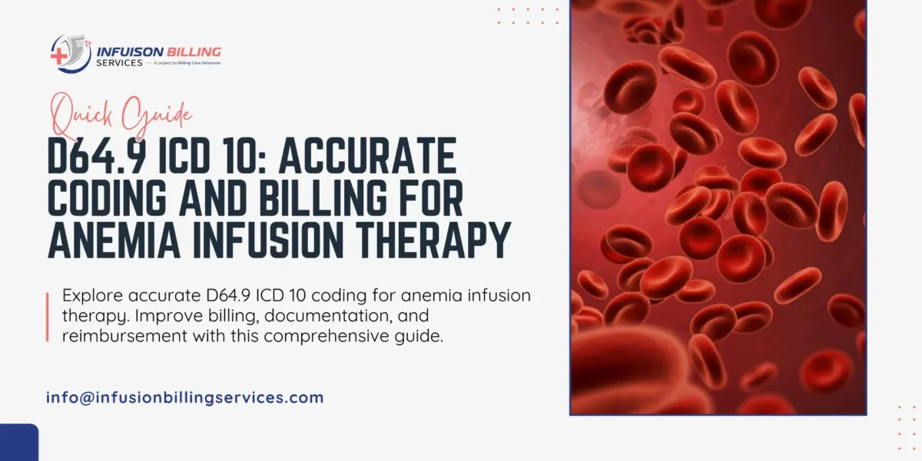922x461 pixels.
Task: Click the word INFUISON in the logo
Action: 130,52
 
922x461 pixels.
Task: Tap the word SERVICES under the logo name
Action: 119,63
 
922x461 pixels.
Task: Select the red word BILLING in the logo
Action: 194,52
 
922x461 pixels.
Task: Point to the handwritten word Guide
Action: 158,116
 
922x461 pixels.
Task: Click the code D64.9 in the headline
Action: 96,157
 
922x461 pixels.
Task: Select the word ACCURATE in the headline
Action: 367,157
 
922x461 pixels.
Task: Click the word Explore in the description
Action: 93,296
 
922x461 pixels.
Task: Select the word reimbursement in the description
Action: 124,336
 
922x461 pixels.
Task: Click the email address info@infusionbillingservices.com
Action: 185,398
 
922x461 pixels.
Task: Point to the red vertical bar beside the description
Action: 48,317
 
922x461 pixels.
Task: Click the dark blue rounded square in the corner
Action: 19,443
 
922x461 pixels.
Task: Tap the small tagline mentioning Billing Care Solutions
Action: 187,63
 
